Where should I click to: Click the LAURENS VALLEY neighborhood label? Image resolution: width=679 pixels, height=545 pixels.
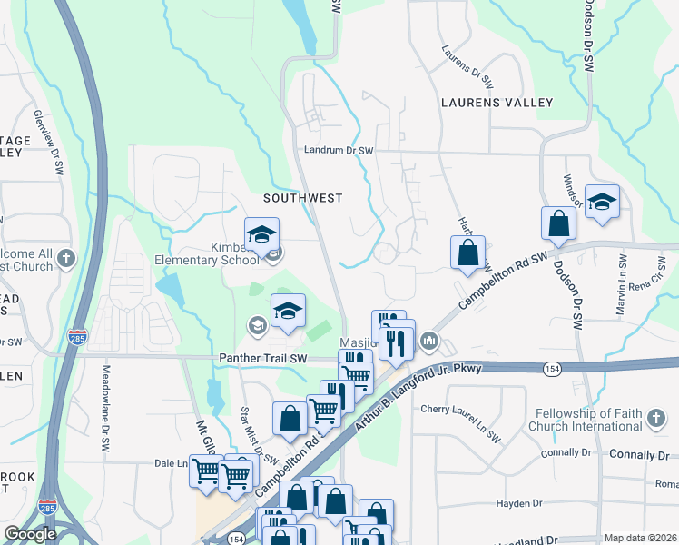coord(496,104)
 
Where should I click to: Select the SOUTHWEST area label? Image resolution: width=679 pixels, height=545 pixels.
coord(303,197)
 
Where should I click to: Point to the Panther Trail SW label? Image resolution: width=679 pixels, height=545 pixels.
coord(263,359)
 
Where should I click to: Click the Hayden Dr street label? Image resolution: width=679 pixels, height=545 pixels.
coord(518,503)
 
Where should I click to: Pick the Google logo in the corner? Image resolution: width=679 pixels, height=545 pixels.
coord(30,534)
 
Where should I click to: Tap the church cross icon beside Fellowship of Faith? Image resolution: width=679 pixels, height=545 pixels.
coord(656,419)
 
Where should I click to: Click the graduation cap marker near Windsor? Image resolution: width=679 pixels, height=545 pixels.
coord(601,201)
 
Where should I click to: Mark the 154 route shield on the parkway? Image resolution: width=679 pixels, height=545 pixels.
coord(551,368)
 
